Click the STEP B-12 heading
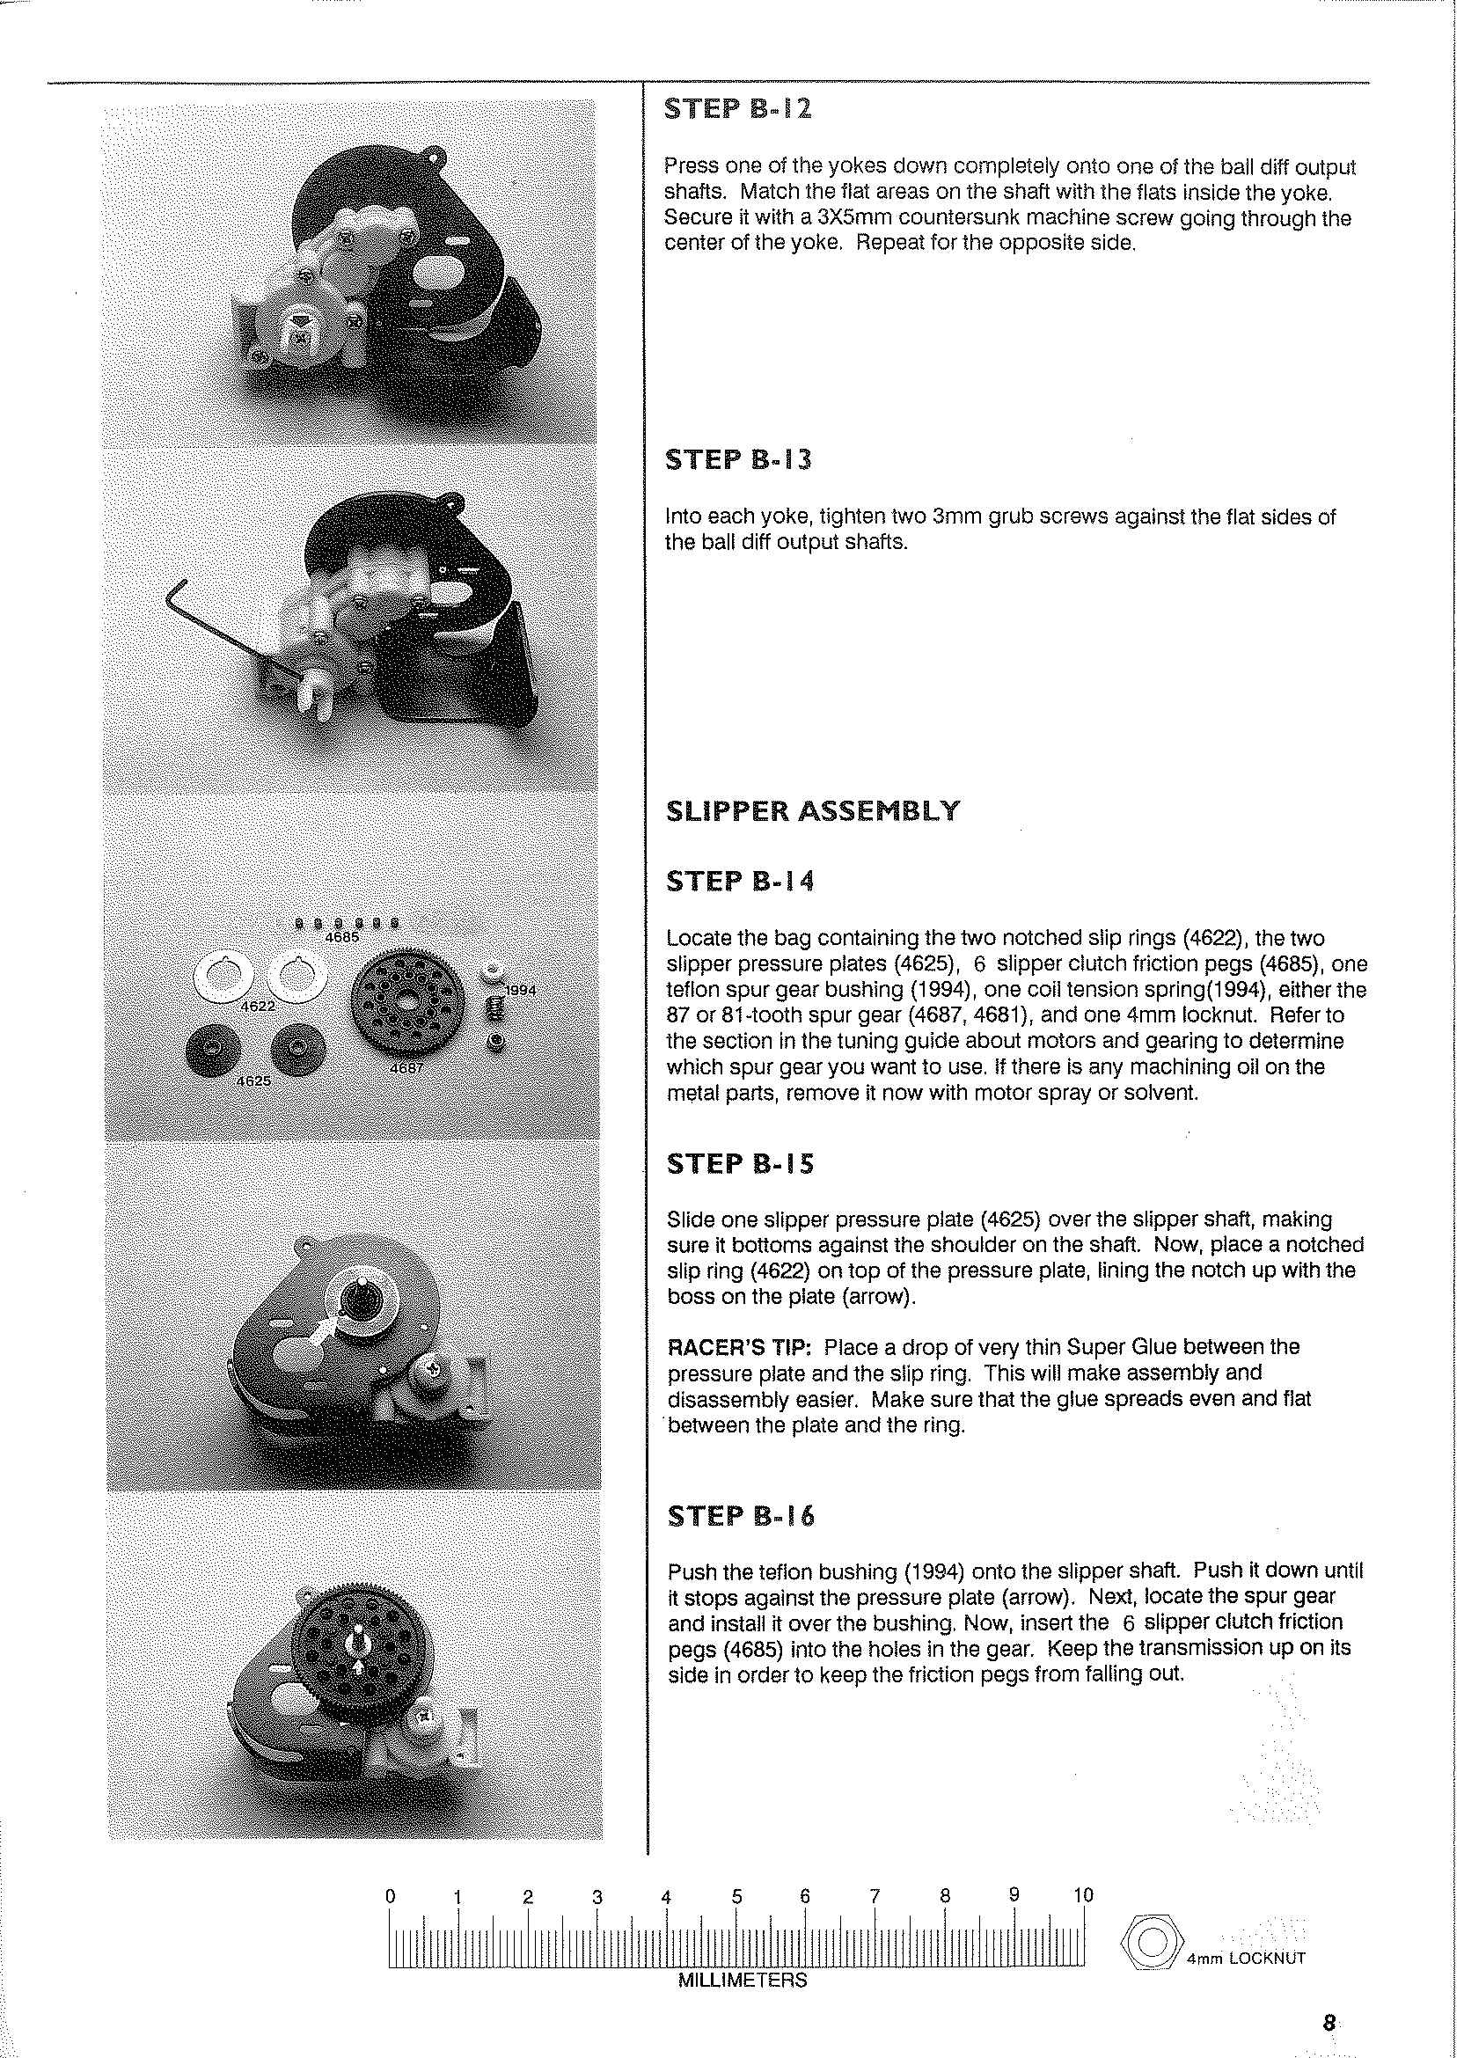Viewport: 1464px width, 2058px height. tap(737, 110)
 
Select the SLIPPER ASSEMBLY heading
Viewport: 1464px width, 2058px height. tap(812, 811)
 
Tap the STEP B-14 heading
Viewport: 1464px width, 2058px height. tap(739, 881)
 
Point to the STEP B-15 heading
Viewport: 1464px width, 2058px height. tap(739, 1164)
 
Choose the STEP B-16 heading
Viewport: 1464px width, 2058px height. tap(740, 1516)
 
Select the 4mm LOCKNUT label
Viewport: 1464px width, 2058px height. tap(1246, 1958)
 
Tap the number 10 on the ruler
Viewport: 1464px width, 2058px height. tap(1082, 1895)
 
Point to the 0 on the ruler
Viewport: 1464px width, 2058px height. tap(391, 1896)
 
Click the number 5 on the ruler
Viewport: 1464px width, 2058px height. tap(736, 1896)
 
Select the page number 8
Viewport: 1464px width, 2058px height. tap(1329, 2023)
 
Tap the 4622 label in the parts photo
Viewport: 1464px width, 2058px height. tap(258, 1005)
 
